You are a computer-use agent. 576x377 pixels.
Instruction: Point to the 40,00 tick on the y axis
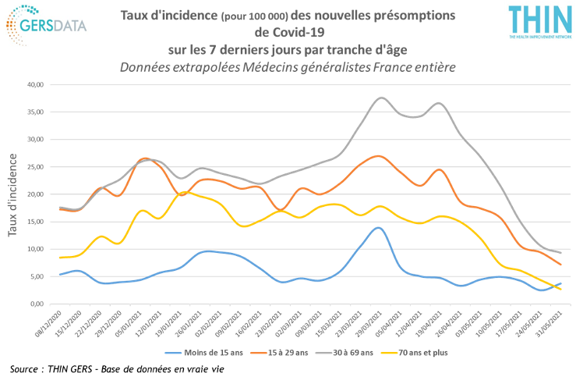37,84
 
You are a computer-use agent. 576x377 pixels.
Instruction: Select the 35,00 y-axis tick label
37,112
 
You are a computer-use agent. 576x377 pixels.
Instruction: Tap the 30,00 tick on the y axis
37,139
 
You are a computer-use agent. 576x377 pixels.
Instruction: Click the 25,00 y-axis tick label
37,167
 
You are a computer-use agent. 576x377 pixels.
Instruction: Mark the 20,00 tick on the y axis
37,194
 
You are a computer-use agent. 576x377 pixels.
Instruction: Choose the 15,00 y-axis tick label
37,222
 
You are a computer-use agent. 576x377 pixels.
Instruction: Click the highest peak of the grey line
381,98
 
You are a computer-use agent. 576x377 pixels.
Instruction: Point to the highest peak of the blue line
378,227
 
